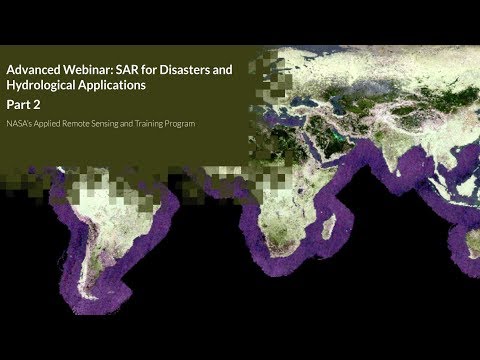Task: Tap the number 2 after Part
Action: [35, 105]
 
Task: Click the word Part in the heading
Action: [18, 105]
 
